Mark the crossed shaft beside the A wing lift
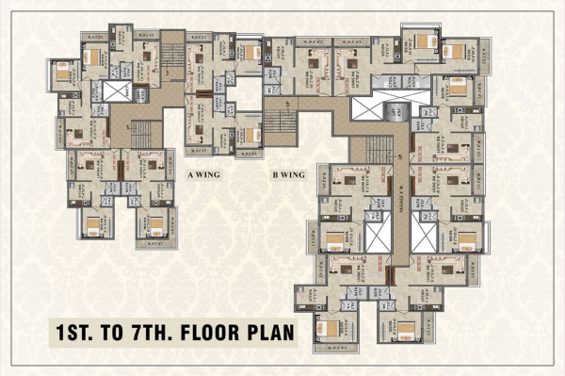click(119, 90)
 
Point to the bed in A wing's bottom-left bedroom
click(93, 223)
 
